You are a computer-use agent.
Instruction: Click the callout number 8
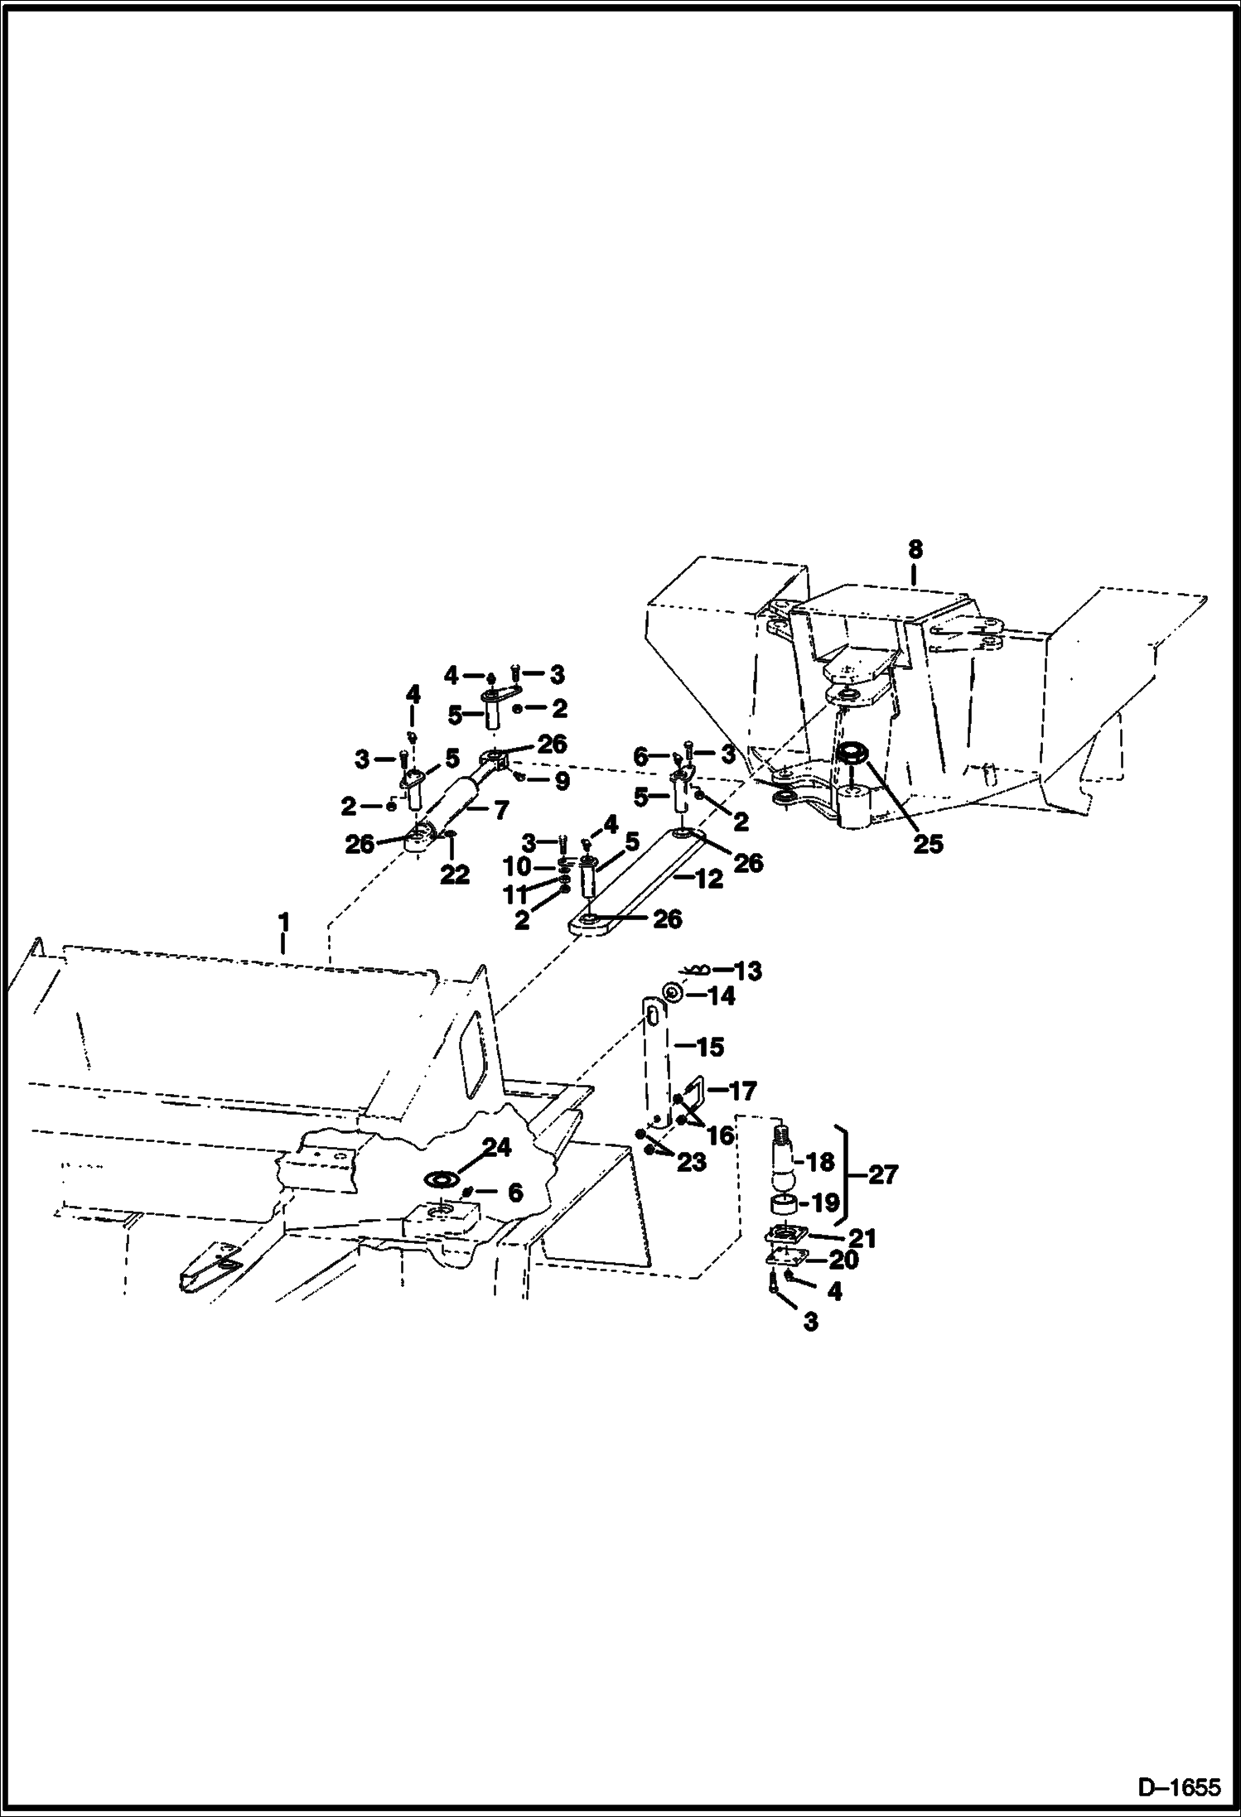click(914, 549)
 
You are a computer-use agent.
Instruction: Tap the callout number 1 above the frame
click(284, 921)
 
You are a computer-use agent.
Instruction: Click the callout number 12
click(709, 880)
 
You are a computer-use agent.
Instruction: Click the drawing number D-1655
click(1179, 1787)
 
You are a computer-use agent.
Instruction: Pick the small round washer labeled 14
click(674, 993)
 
